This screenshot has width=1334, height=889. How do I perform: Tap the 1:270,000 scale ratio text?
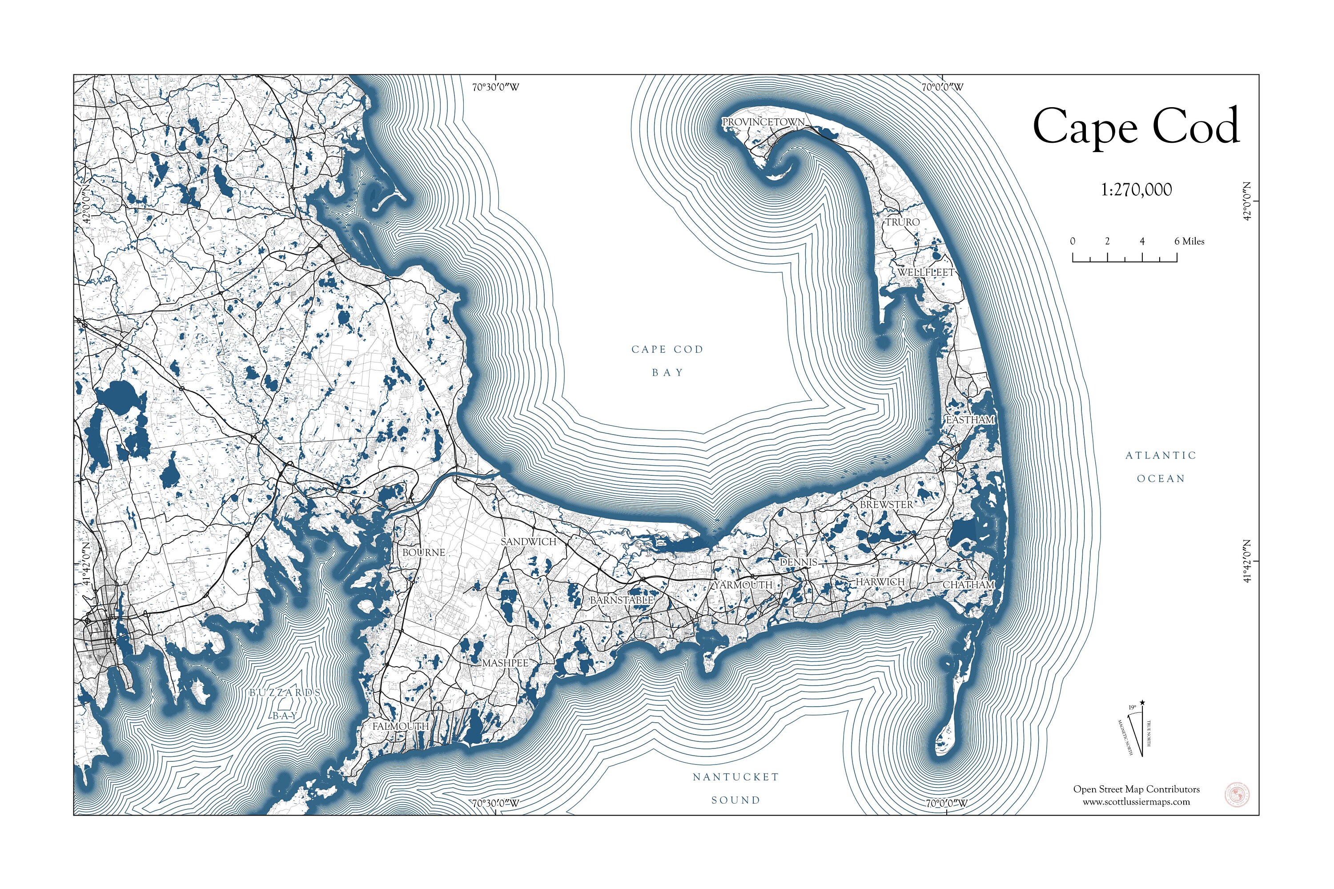coord(1136,190)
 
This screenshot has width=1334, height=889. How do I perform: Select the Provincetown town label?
coord(763,122)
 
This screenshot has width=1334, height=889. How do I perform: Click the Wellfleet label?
coord(925,273)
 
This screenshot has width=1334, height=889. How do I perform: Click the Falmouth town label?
coord(400,726)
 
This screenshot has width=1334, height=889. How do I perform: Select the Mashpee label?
coord(505,663)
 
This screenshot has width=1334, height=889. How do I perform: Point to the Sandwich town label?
coord(528,542)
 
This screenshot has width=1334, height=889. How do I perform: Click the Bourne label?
coord(423,552)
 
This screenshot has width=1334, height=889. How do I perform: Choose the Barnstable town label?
coord(621,600)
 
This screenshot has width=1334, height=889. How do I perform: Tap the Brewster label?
coord(886,504)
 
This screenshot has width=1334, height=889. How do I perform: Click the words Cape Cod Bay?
coord(667,361)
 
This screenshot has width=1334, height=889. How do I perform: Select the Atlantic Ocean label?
coord(1161,467)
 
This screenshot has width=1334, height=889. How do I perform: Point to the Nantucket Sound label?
coord(735,788)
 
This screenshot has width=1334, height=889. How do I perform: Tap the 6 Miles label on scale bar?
coord(1189,241)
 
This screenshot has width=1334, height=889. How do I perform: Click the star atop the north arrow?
coord(1142,703)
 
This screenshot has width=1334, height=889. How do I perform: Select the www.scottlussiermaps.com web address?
coord(1136,802)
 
